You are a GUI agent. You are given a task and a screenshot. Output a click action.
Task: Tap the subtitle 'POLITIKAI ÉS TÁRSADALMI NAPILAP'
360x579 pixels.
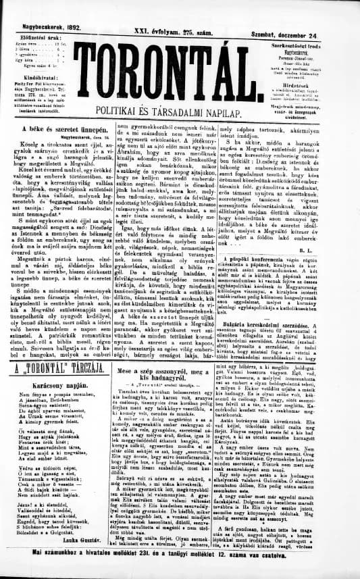click(x=179, y=111)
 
